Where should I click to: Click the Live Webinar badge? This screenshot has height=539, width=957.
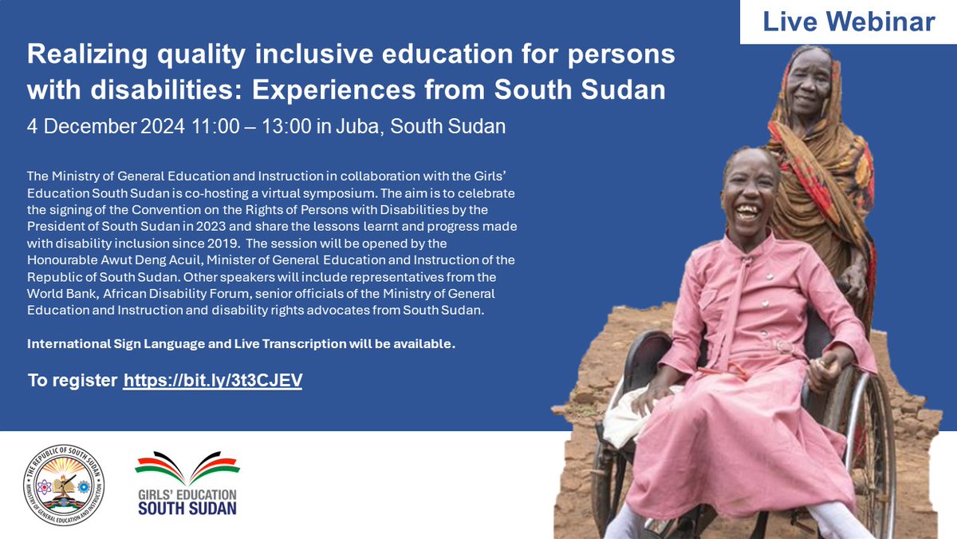coord(849,22)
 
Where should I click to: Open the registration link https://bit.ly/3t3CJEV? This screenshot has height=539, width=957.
coord(212,381)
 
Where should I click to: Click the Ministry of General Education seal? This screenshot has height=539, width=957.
coord(64,485)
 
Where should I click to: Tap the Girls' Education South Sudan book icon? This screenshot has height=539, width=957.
coord(187,466)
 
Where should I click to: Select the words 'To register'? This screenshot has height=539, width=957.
coord(72,381)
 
